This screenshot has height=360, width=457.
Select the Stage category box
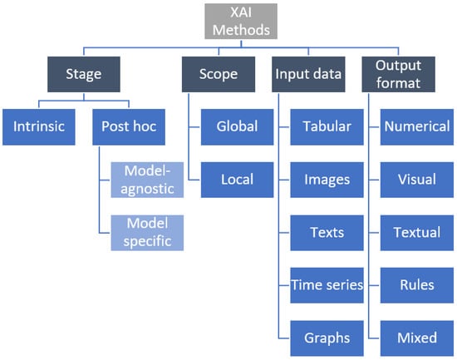pos(85,73)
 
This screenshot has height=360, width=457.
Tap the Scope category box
pos(219,73)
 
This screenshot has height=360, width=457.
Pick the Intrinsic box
pos(40,127)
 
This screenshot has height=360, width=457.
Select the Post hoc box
pos(130,127)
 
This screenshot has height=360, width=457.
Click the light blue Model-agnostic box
pos(147,180)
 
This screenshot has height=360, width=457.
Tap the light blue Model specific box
pos(147,232)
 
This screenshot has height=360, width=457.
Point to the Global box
pos(237,127)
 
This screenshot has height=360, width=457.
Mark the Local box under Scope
pos(237,180)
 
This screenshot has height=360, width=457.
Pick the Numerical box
pos(416,127)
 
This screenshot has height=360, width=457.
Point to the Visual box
pos(416,180)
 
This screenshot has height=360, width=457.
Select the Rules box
pos(416,285)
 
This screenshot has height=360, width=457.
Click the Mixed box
pos(416,338)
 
